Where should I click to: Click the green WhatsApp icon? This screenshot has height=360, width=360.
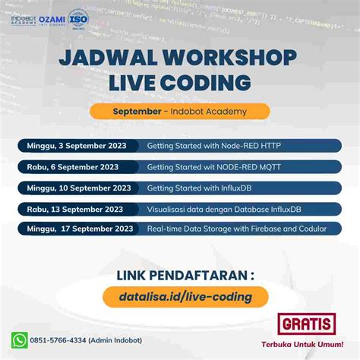(20, 339)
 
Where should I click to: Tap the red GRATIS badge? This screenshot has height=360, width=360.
(306, 324)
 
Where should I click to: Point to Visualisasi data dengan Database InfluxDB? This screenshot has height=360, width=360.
(224, 209)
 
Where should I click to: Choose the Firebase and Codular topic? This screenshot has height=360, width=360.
(236, 229)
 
